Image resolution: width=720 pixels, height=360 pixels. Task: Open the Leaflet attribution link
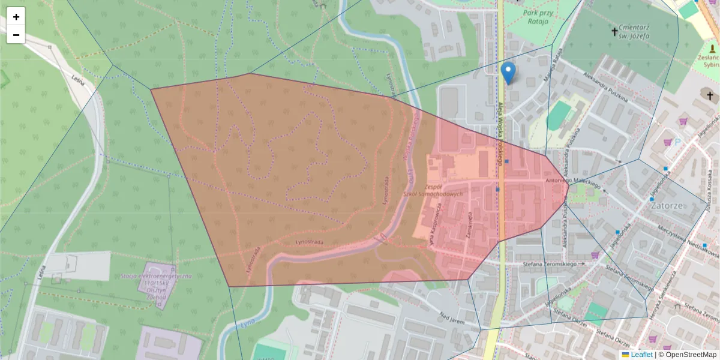point(641,355)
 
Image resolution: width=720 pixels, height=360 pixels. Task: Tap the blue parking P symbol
point(678,143)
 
